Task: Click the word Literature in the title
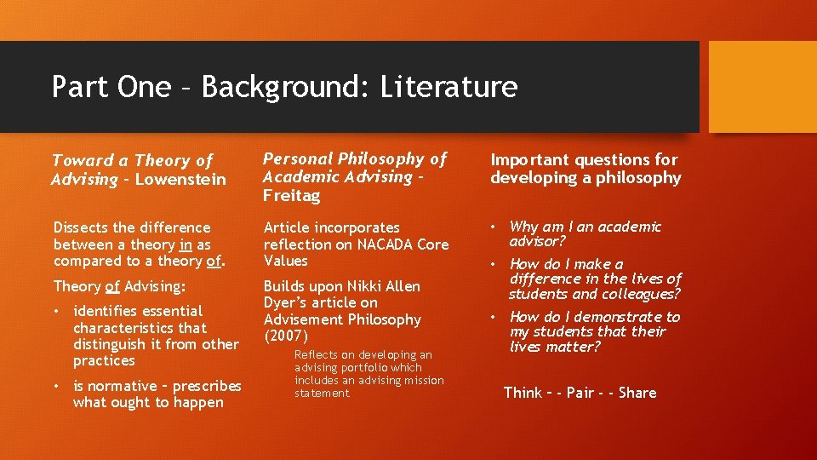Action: pos(448,87)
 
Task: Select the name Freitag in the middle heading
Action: pos(292,195)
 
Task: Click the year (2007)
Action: pos(286,336)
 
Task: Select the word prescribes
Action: pos(207,386)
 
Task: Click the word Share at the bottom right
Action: pos(637,393)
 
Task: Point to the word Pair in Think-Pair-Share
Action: pos(580,393)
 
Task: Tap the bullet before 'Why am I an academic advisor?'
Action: pos(494,227)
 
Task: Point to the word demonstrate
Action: pos(619,317)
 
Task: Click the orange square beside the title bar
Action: pos(763,87)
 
